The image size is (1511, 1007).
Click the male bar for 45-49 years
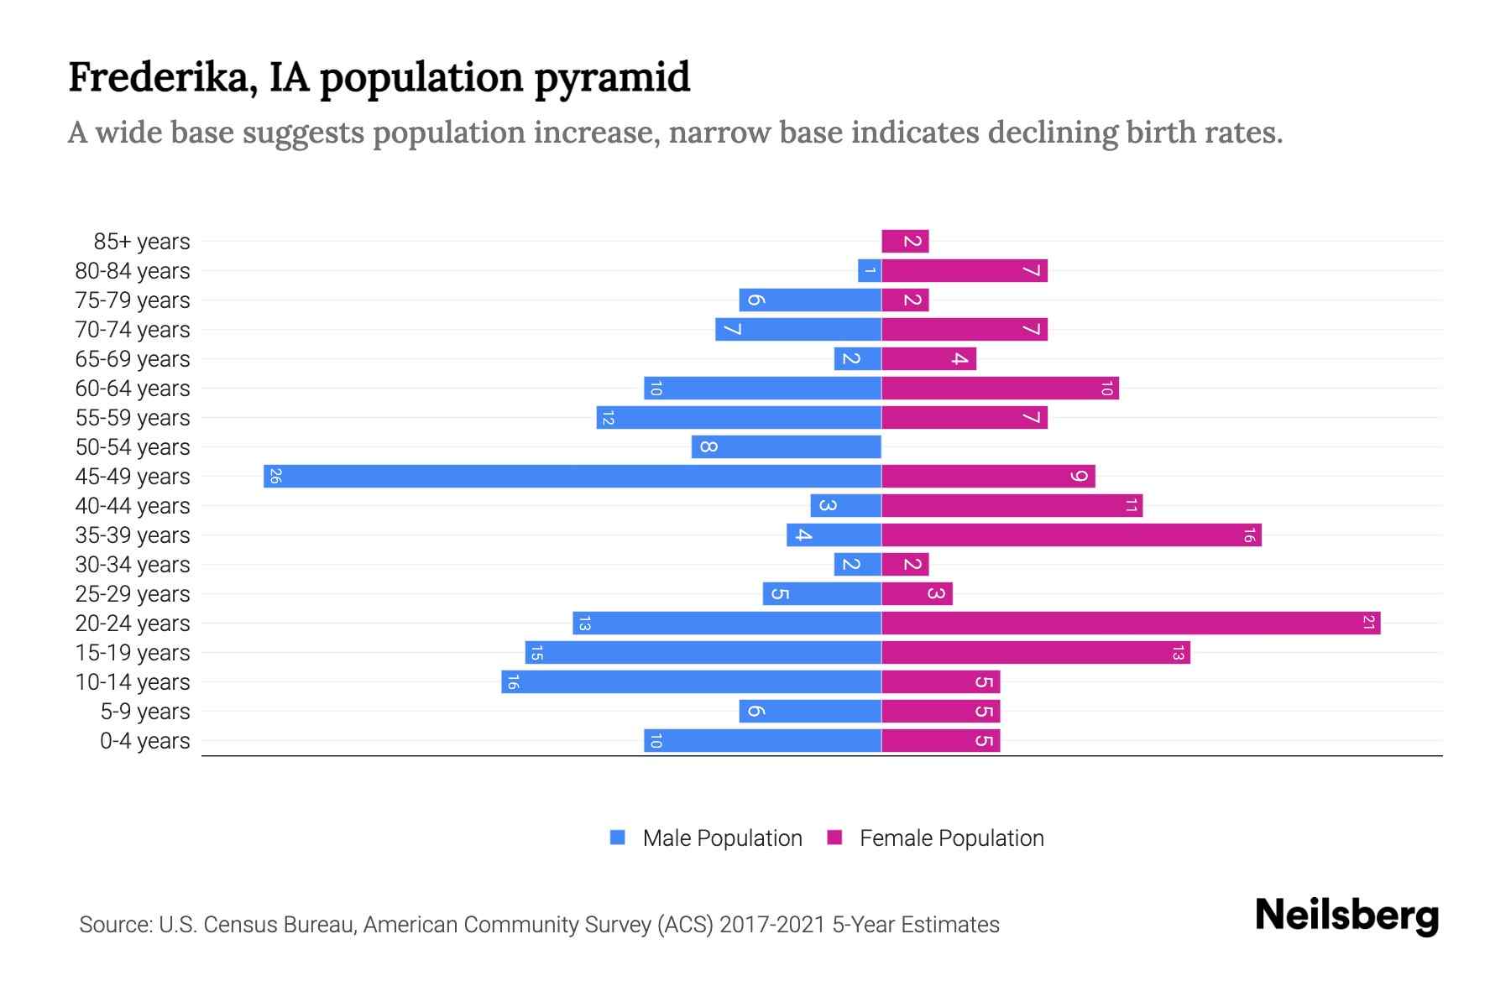tap(573, 476)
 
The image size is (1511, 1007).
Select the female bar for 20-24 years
tap(1131, 623)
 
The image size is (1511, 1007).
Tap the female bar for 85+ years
tap(905, 241)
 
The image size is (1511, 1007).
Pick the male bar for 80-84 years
tap(870, 270)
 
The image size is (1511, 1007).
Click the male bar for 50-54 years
tap(787, 446)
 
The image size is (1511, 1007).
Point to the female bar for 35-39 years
tap(1071, 535)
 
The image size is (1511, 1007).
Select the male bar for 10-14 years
tap(691, 681)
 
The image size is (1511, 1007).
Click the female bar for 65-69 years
tap(928, 358)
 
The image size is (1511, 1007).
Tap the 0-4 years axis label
tap(144, 741)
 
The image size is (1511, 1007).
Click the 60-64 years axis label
tap(133, 389)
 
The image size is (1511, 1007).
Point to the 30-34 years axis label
tap(133, 565)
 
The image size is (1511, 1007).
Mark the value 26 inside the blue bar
tap(275, 476)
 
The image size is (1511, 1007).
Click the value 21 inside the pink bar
tap(1368, 623)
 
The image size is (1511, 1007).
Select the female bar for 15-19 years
tap(1036, 652)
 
